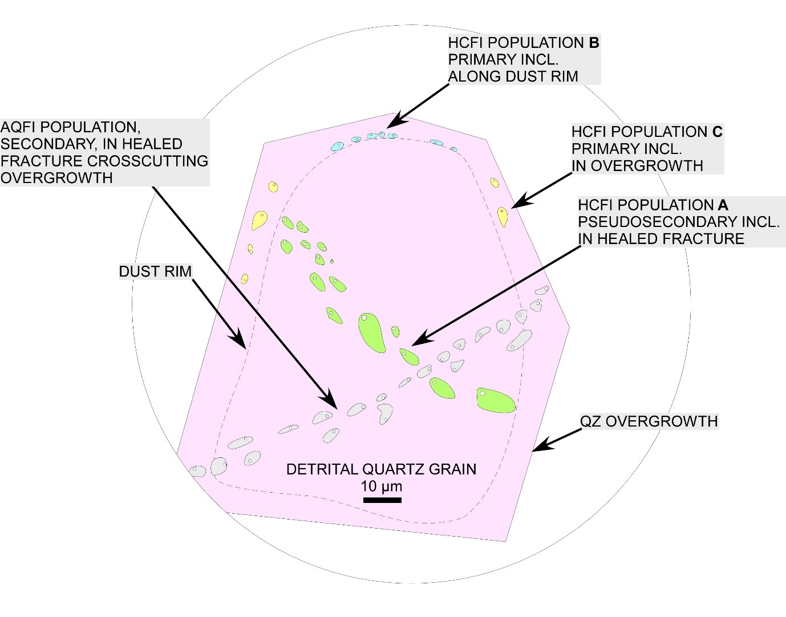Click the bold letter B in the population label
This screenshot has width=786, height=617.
coord(594,43)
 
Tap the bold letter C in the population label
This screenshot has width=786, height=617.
coord(717,132)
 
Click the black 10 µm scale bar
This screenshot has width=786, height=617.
coord(382,500)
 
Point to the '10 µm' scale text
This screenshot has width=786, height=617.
coord(382,486)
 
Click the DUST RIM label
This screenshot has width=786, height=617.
coord(155,271)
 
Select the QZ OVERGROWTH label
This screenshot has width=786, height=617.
coord(649,421)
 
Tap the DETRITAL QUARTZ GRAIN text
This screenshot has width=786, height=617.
coord(381,469)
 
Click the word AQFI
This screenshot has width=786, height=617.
coord(22,127)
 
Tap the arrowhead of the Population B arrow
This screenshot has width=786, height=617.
coord(391,125)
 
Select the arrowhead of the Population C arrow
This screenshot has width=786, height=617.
coord(517,204)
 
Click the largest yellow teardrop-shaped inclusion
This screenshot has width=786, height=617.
coord(259,220)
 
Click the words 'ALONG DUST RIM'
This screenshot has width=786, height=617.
coord(513,76)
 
